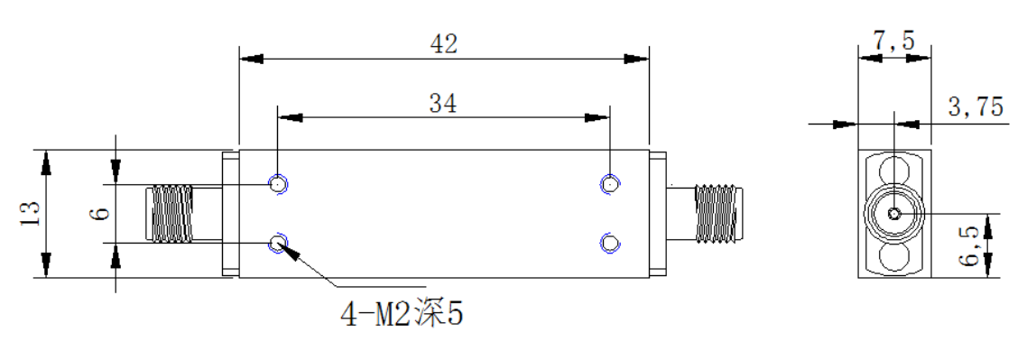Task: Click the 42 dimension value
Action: point(443,44)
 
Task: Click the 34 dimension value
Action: point(443,103)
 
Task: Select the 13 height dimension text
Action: point(31,214)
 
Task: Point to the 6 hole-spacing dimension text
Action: point(102,213)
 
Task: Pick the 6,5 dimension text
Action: point(969,245)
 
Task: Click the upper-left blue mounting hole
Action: point(278,184)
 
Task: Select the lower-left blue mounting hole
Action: point(278,244)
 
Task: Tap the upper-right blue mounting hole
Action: point(609,184)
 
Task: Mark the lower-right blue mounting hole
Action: point(609,244)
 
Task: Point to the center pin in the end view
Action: point(894,214)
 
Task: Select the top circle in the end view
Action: point(894,168)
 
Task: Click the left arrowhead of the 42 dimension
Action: point(251,59)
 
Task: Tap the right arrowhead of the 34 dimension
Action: point(597,117)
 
